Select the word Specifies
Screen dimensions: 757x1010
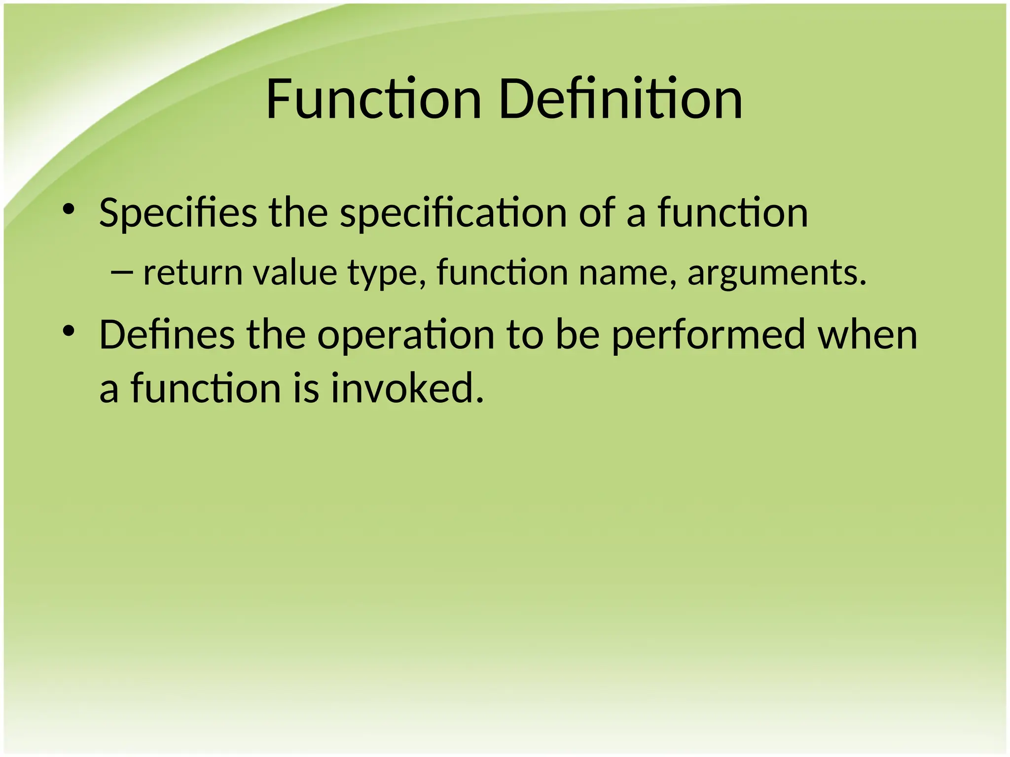178,213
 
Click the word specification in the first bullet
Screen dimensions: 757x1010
453,213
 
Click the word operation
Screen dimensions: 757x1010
405,336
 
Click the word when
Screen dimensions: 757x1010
867,335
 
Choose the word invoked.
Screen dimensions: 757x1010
407,388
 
